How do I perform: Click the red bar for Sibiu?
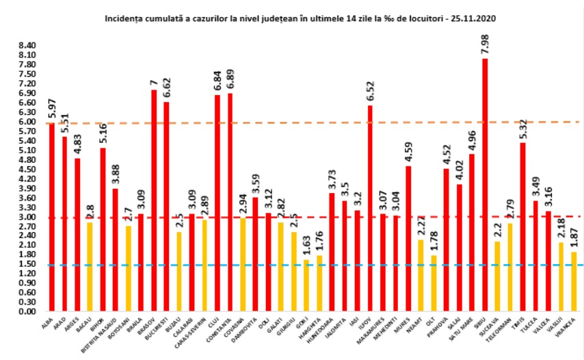pos(485,185)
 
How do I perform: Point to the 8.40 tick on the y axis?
pos(26,45)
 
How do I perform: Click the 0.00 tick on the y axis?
pos(26,311)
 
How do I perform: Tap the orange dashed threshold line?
pos(274,123)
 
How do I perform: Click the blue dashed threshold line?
pos(274,265)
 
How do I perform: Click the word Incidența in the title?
pos(123,16)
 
